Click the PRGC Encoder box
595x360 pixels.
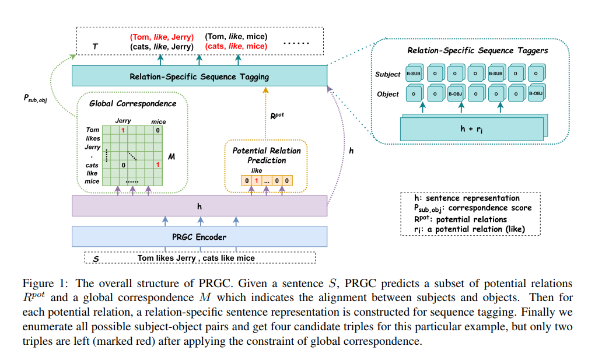click(199, 237)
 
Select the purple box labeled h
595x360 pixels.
click(199, 207)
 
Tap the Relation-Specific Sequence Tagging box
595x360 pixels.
click(199, 76)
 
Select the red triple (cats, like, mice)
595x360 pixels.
click(236, 46)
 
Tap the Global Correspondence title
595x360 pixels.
click(132, 104)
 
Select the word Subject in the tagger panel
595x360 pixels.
click(388, 74)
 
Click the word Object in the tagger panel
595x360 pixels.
click(388, 94)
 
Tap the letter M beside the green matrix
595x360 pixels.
click(171, 157)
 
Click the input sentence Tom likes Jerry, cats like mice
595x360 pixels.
click(196, 257)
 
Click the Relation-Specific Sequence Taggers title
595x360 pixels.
click(478, 51)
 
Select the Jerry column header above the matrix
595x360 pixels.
click(123, 121)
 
